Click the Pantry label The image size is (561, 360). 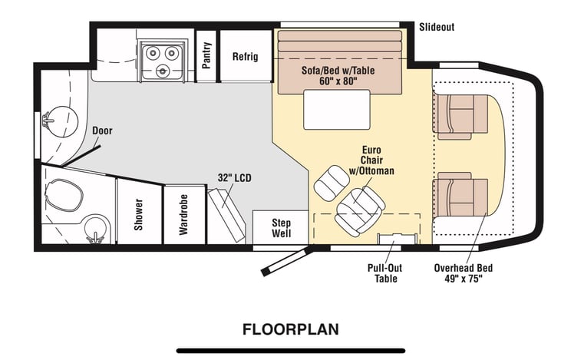coord(206,55)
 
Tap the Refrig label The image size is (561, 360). coord(245,57)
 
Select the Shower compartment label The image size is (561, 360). coord(138,214)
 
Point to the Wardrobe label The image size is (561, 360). coord(183,214)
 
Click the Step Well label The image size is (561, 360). coord(281,228)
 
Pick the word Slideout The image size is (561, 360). coord(437,27)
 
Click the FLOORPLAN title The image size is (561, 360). coord(291,329)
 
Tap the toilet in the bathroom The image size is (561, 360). coord(64,196)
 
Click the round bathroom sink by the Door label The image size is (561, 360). coord(62,121)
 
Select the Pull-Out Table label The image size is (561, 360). coord(385,273)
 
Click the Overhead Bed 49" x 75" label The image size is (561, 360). coord(464,273)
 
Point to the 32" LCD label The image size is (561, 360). coord(234,177)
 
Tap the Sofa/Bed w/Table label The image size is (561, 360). coord(338,70)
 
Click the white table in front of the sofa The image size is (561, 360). coord(337,110)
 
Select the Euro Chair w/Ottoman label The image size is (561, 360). coord(371,160)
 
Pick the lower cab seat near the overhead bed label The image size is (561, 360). coord(460,194)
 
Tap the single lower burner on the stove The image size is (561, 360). coord(163,71)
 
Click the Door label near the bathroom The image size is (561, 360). coord(102,130)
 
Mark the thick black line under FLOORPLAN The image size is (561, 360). coord(291,351)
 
